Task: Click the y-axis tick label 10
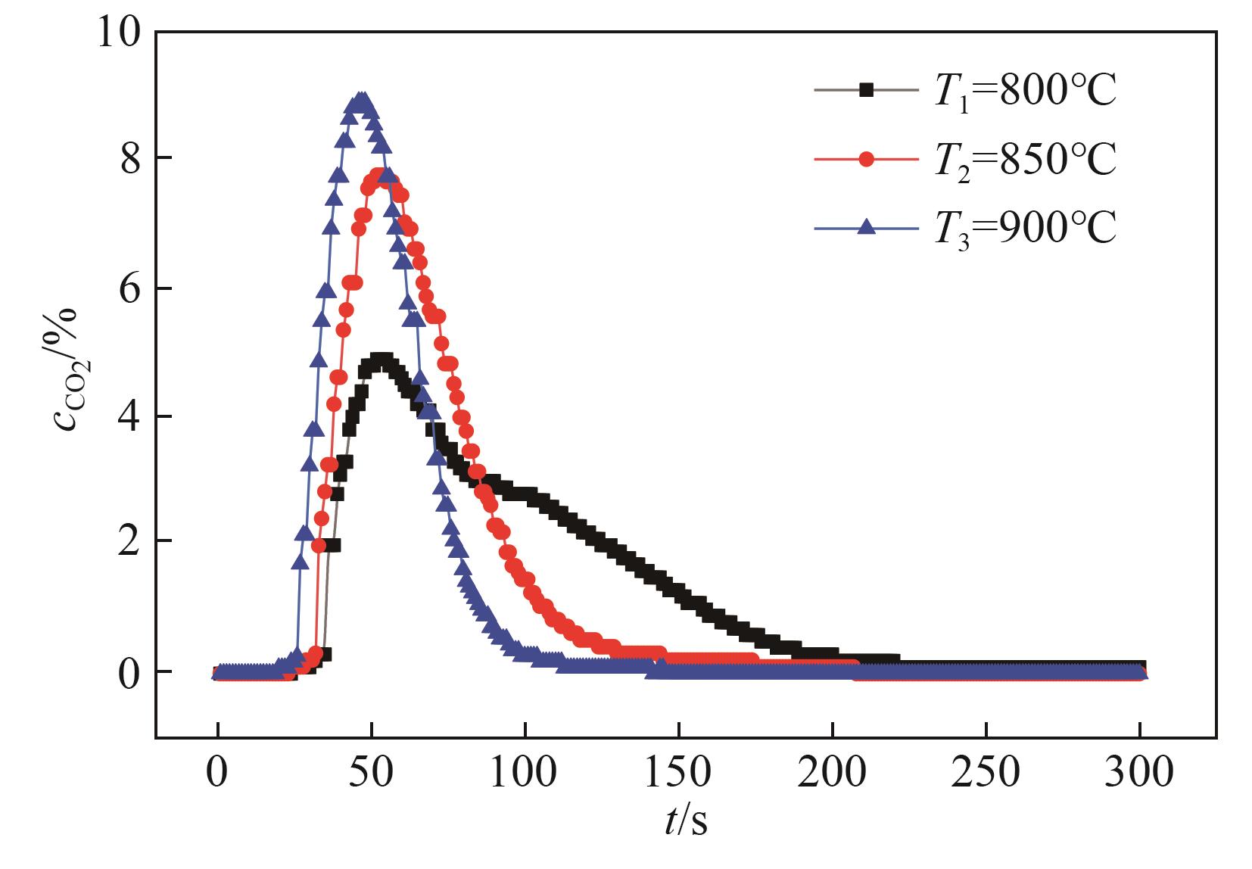(121, 33)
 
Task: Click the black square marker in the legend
(867, 90)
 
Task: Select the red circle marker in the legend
(867, 159)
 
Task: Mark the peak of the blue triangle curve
(362, 101)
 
